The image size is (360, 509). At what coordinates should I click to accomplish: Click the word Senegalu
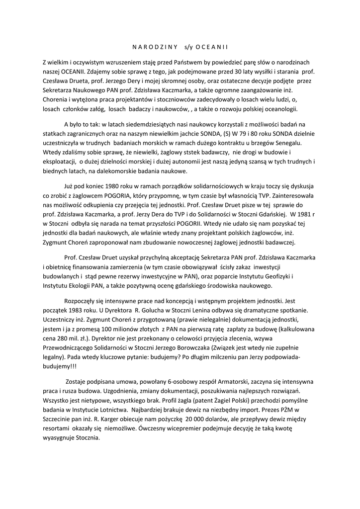[294, 142]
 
